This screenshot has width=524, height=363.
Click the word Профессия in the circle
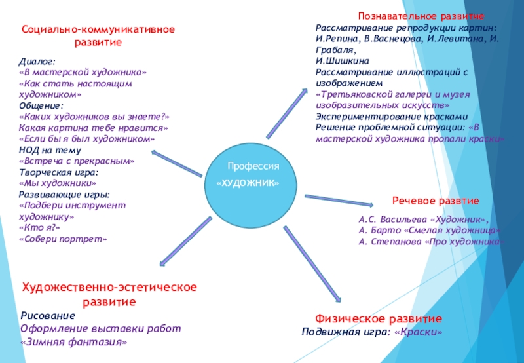coord(253,167)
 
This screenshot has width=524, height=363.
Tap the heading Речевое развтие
coord(436,200)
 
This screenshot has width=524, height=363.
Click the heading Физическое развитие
coord(379,318)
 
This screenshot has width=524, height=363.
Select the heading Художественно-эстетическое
coord(110,288)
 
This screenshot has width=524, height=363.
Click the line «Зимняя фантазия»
coord(73,342)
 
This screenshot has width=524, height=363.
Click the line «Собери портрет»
coord(62,239)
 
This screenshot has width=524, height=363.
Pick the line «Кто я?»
coord(40,227)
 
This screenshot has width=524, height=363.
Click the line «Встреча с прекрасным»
coord(77,161)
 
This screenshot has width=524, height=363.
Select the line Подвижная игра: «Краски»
coord(371,332)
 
